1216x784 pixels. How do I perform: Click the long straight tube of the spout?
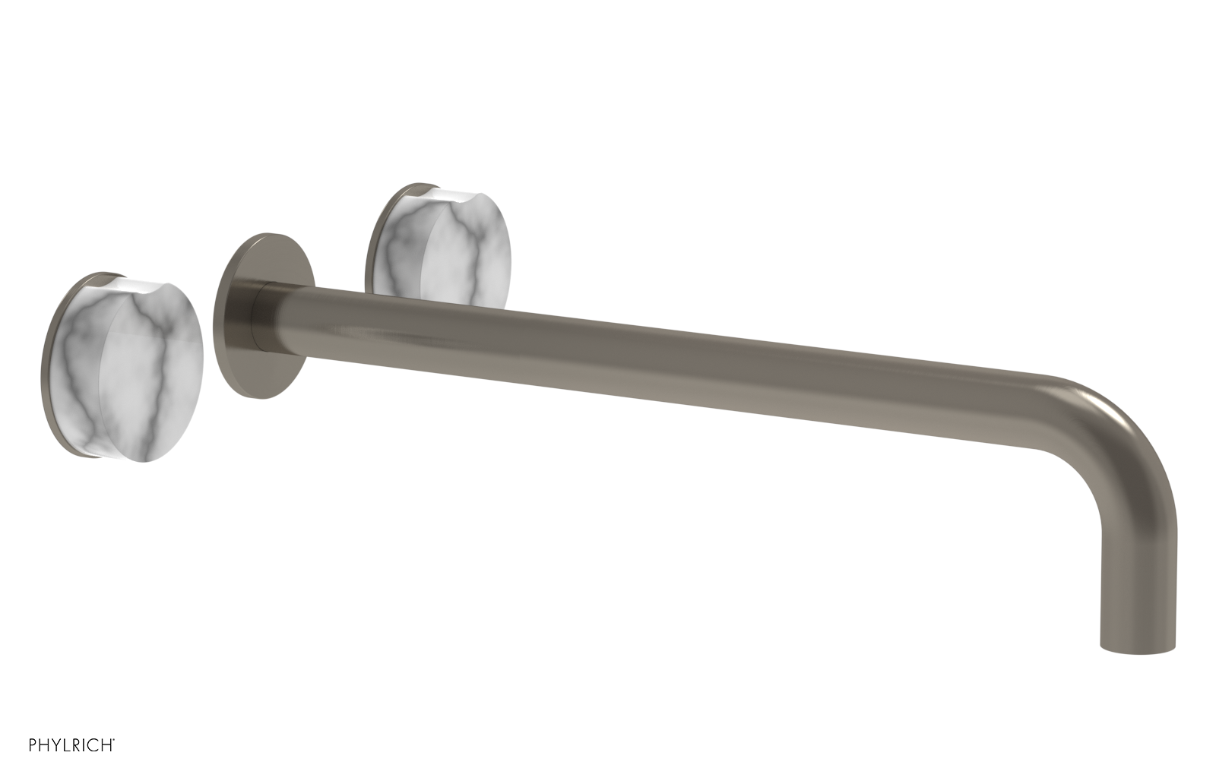point(646,357)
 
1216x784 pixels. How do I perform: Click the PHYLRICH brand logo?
point(71,745)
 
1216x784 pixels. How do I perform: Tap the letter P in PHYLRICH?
point(33,745)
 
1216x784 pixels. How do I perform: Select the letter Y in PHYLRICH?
point(55,745)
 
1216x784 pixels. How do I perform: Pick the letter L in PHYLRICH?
point(65,745)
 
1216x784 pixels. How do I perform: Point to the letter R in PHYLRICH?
point(76,745)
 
